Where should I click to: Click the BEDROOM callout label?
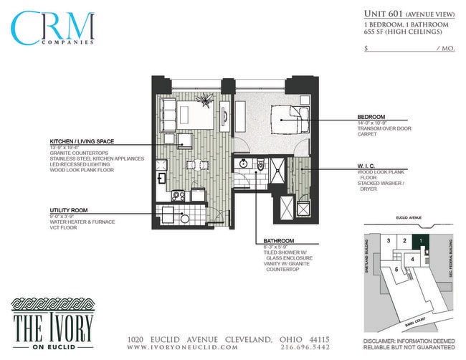click(x=371, y=117)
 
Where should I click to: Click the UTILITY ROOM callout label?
click(x=69, y=210)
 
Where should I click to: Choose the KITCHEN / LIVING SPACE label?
click(x=82, y=141)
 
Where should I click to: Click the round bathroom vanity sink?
click(x=244, y=164)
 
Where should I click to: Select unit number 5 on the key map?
click(x=396, y=269)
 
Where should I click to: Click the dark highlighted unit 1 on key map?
click(x=422, y=240)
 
